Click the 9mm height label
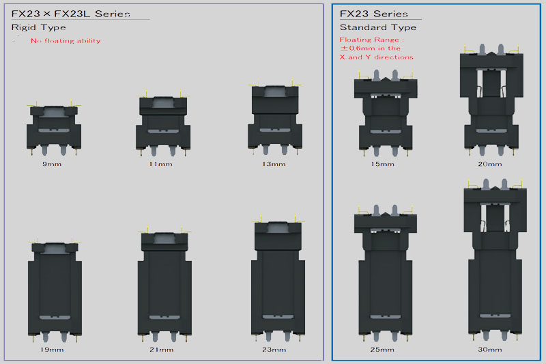click(x=52, y=164)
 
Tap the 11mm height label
click(x=160, y=164)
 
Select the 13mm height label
click(x=274, y=164)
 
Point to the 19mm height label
click(x=52, y=350)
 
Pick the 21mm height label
click(x=162, y=350)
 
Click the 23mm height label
click(x=274, y=350)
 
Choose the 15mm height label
click(x=382, y=164)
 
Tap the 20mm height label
click(x=490, y=164)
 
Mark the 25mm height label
click(x=382, y=350)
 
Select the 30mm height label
click(x=490, y=350)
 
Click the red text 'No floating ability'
click(x=66, y=41)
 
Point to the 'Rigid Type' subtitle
click(x=38, y=27)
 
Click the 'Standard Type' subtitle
click(x=378, y=27)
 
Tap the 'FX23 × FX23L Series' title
click(x=71, y=14)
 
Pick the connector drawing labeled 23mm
click(x=278, y=279)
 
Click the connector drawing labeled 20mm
click(x=491, y=100)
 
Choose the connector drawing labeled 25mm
click(x=386, y=272)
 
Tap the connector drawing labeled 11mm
click(x=163, y=123)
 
